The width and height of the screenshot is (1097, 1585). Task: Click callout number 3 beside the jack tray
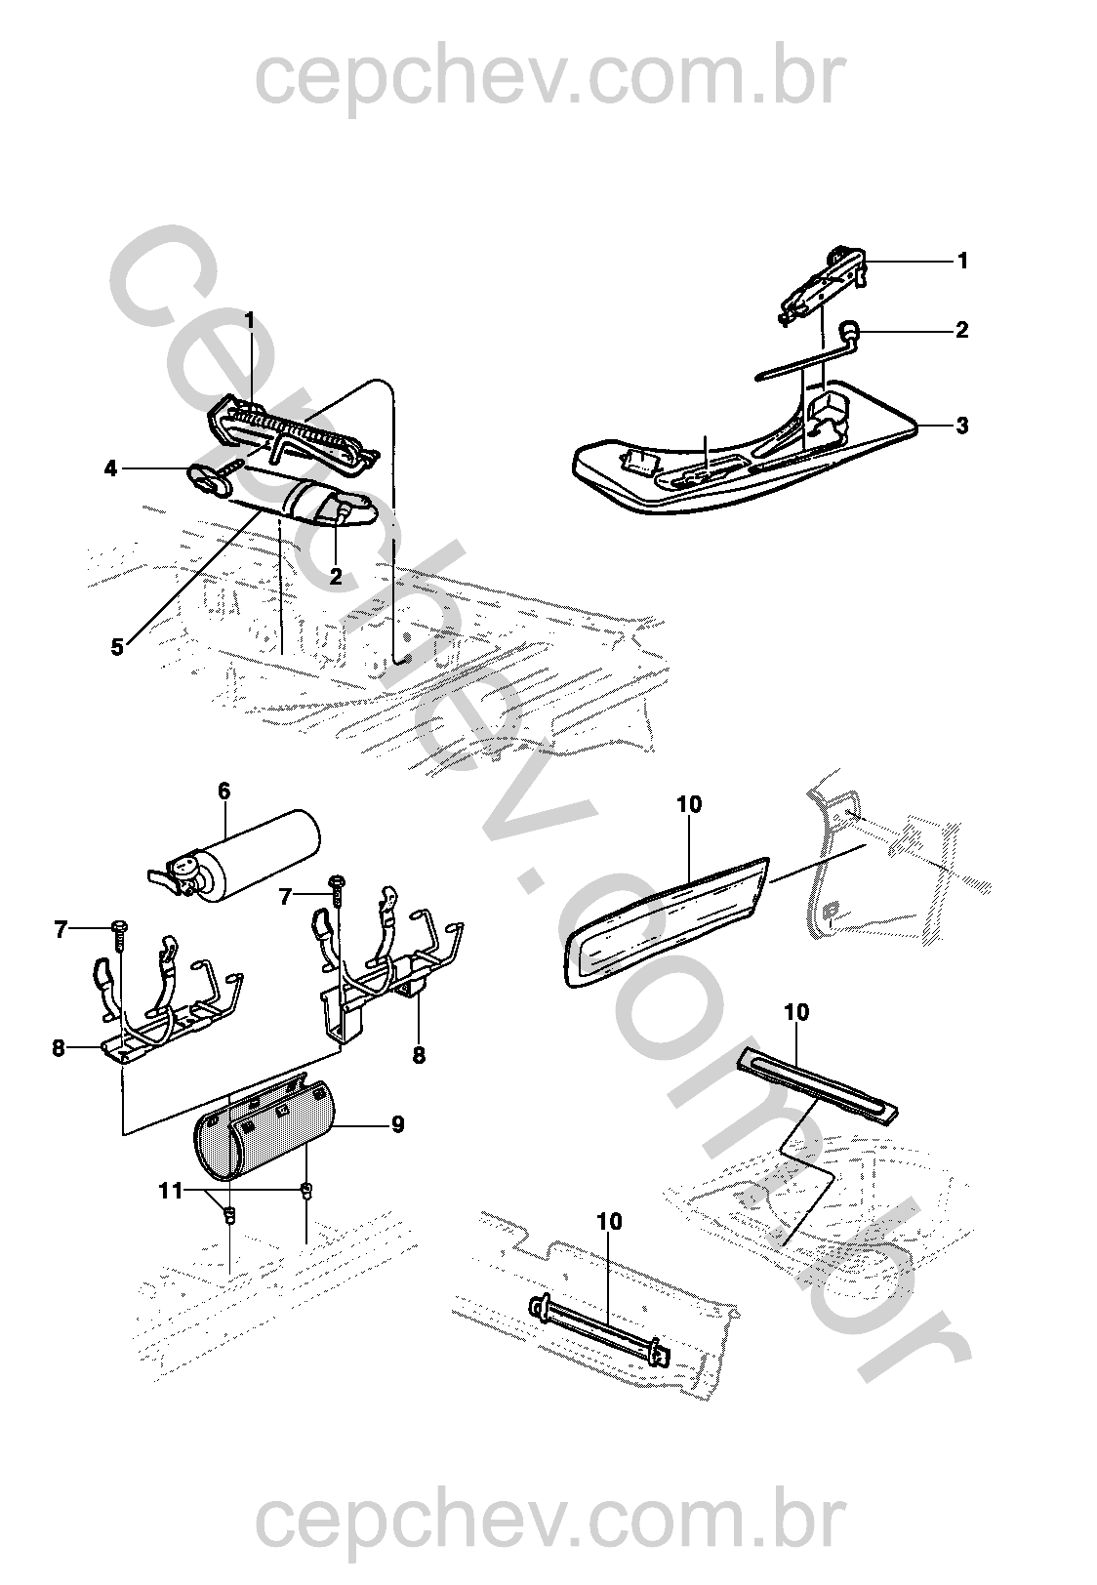point(961,426)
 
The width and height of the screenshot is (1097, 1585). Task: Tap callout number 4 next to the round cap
point(110,467)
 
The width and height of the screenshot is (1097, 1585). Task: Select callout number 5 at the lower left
point(117,646)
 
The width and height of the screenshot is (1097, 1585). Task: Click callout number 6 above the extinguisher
point(224,792)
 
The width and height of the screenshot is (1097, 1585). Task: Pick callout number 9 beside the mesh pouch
point(398,1123)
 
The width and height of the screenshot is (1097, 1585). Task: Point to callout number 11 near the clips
point(171,1191)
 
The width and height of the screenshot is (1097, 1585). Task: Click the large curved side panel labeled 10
point(666,920)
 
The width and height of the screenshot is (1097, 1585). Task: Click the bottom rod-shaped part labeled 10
point(600,1322)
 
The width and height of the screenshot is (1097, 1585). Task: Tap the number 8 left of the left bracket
point(59,1048)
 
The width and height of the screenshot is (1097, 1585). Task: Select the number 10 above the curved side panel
point(689,804)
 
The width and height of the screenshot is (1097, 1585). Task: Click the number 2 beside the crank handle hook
point(961,330)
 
